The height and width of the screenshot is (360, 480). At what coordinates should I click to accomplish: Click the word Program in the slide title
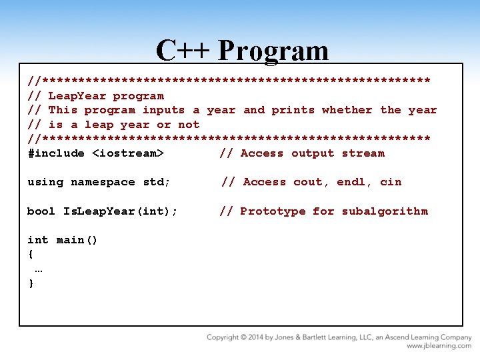273,51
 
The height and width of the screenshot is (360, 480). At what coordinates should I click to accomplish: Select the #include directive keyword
56,153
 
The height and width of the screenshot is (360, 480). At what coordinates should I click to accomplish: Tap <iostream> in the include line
128,153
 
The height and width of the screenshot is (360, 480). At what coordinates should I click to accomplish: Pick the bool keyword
41,211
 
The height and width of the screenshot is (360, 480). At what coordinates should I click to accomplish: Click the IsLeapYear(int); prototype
121,211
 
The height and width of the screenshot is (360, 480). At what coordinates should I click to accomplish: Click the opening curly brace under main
31,254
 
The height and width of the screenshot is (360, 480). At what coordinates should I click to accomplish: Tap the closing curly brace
31,283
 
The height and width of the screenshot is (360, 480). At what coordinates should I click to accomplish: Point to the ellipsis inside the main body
39,269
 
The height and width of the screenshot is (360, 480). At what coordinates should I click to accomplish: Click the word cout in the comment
309,182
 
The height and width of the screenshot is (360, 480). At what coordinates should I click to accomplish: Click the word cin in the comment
391,182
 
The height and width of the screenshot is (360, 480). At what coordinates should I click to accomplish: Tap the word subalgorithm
385,211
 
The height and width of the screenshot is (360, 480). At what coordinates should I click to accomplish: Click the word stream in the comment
363,153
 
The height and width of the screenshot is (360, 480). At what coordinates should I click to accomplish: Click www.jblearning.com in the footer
439,346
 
